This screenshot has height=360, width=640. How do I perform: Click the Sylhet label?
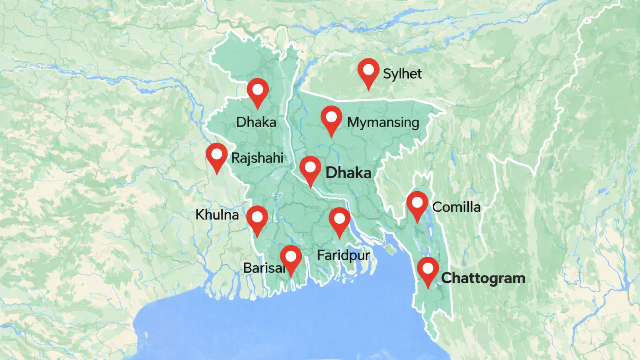[402, 74]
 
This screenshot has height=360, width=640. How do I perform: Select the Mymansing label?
[383, 122]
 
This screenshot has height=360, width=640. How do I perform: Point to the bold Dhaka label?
[348, 173]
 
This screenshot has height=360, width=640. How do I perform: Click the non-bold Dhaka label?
[256, 122]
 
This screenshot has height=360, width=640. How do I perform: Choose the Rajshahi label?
[257, 158]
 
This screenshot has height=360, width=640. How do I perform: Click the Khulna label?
[217, 215]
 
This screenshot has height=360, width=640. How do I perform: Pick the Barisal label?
[263, 268]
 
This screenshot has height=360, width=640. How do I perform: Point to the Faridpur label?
[343, 256]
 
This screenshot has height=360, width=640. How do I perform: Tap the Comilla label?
[456, 207]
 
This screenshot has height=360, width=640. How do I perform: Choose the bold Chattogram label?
[483, 278]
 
